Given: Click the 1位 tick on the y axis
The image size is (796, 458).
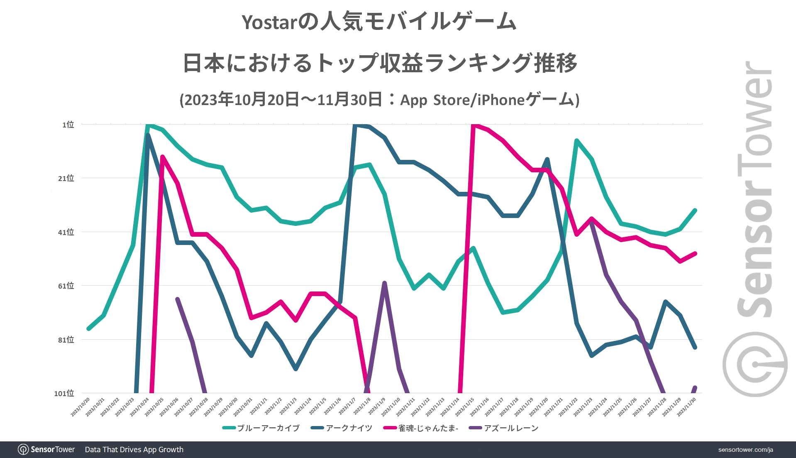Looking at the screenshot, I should tap(68, 125).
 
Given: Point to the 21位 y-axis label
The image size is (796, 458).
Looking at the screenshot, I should tap(66, 178).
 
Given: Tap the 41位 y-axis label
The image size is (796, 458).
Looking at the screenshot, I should tap(66, 232).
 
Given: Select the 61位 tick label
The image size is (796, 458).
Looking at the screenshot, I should tap(66, 286).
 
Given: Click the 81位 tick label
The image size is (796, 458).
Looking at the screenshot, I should tap(66, 340).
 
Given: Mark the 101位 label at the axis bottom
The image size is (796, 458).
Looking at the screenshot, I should tap(64, 393).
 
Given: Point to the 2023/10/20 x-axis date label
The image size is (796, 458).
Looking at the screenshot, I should tap(81, 407).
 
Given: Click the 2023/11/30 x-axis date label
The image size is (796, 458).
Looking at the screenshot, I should tap(687, 407).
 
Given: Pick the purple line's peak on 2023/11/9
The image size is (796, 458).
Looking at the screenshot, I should tap(384, 283).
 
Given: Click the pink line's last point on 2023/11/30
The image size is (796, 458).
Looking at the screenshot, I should tap(695, 253).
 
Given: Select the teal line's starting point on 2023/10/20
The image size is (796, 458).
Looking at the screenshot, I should tap(88, 329).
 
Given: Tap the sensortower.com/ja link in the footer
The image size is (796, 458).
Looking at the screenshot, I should tap(745, 450).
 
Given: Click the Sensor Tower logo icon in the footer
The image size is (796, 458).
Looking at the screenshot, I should tap(23, 450).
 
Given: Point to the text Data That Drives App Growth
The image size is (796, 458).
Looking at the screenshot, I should tap(134, 450).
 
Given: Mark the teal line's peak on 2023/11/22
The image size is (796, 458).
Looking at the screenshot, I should tap(576, 140).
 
